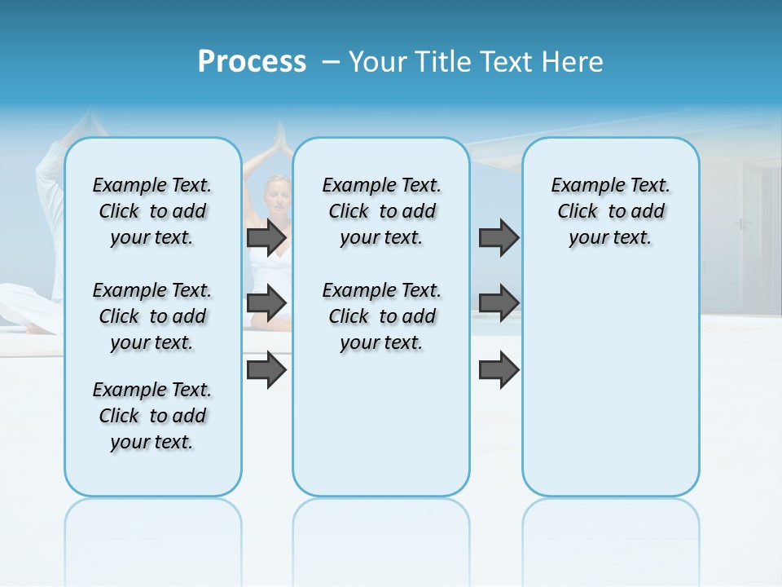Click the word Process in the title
tap(252, 62)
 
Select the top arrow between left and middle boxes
tap(266, 237)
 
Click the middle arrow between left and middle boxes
tap(266, 302)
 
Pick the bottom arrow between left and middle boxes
tap(266, 369)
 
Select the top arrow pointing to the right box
tap(499, 237)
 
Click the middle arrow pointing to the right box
tap(499, 302)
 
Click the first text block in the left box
tap(152, 211)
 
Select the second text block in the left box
tap(152, 316)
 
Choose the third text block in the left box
tap(152, 416)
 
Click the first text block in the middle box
tap(381, 211)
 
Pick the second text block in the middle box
tap(381, 316)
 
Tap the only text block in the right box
tap(610, 211)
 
